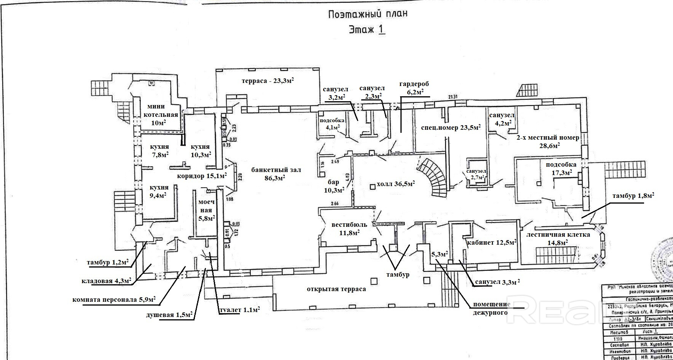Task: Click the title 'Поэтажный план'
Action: (367, 14)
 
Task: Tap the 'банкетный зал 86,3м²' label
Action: (276, 174)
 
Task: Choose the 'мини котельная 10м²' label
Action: (159, 115)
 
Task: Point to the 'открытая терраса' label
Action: (336, 289)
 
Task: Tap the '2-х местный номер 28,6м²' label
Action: (548, 142)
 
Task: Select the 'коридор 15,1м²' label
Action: (202, 176)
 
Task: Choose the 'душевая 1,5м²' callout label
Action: (169, 315)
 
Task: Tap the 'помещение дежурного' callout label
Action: (491, 309)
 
